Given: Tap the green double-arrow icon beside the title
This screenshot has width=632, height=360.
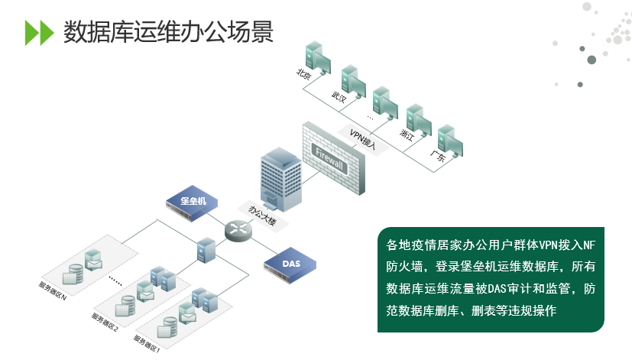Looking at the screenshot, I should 39,33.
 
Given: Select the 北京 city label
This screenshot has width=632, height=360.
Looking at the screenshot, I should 304,73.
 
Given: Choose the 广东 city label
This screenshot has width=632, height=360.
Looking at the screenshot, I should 439,157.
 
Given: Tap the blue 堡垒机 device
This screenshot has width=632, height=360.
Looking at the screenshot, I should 191,203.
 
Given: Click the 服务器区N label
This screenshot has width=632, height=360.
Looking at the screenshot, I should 53,291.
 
